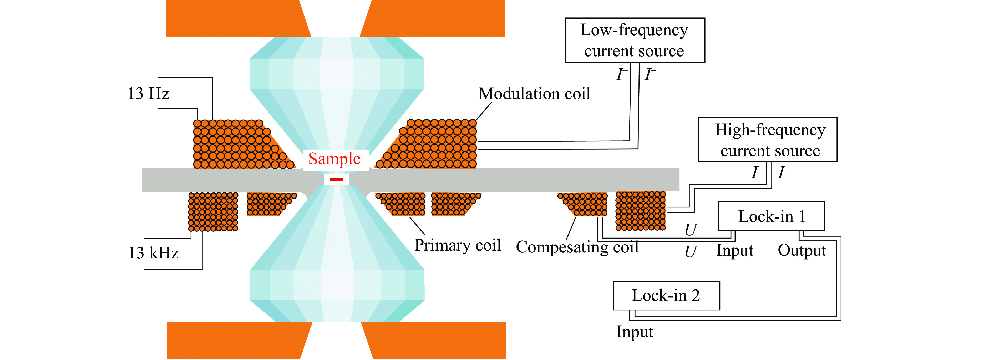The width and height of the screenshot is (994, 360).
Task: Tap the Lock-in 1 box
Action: point(771,216)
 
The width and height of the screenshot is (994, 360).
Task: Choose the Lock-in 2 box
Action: point(666,296)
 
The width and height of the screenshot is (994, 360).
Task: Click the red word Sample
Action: point(334,159)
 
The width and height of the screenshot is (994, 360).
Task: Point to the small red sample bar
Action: point(337,179)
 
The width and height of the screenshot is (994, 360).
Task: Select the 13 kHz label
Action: point(154,253)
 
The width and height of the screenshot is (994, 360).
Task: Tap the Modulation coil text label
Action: point(534,94)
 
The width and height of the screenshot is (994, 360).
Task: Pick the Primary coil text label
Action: point(458,245)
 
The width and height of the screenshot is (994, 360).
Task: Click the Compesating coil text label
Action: point(577,247)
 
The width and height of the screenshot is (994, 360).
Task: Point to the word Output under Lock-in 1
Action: point(802,250)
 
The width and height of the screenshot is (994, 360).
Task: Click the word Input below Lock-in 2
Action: point(635,332)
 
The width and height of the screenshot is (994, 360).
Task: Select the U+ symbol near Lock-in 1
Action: point(693,230)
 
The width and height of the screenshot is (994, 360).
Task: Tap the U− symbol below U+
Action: point(693,252)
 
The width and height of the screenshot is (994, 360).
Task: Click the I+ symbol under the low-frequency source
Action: point(621,74)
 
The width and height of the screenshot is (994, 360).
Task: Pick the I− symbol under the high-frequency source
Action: point(783,172)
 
